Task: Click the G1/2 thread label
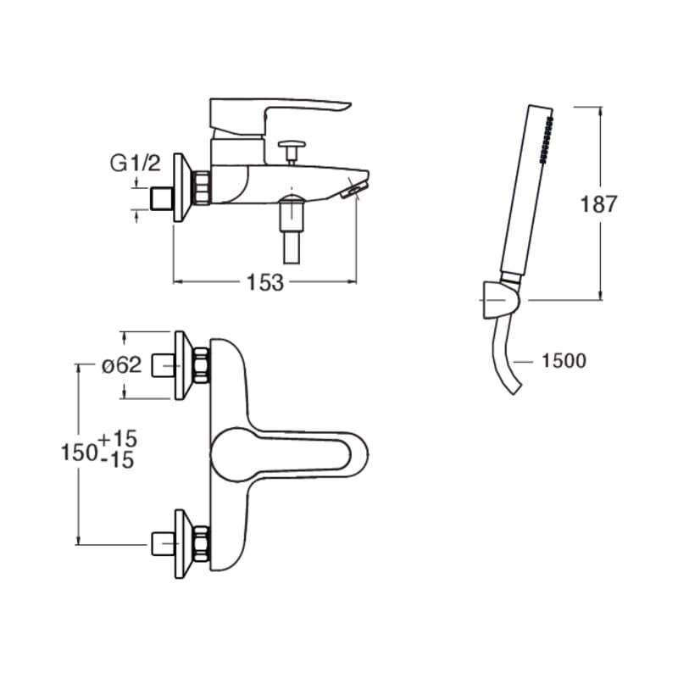click(x=136, y=164)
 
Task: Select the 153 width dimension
click(x=265, y=283)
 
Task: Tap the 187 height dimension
click(x=598, y=203)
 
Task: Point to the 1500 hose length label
click(x=564, y=361)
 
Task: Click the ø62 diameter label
click(x=121, y=365)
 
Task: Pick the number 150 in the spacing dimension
click(x=79, y=453)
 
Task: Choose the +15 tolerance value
click(x=118, y=438)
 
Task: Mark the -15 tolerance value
click(x=117, y=460)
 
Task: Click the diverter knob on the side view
click(x=292, y=150)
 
